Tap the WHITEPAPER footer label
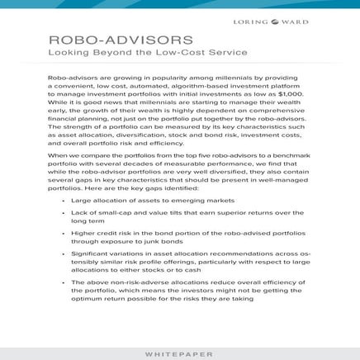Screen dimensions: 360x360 pos(179,353)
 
